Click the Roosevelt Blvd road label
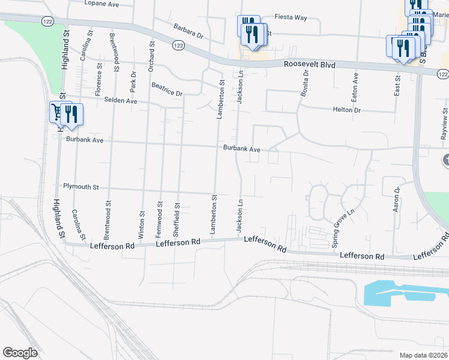click(309, 64)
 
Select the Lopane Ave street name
click(101, 4)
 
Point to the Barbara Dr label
click(188, 31)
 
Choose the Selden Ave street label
click(121, 101)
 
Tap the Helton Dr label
click(346, 110)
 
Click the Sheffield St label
click(177, 217)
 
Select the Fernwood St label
click(160, 217)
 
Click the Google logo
click(20, 353)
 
